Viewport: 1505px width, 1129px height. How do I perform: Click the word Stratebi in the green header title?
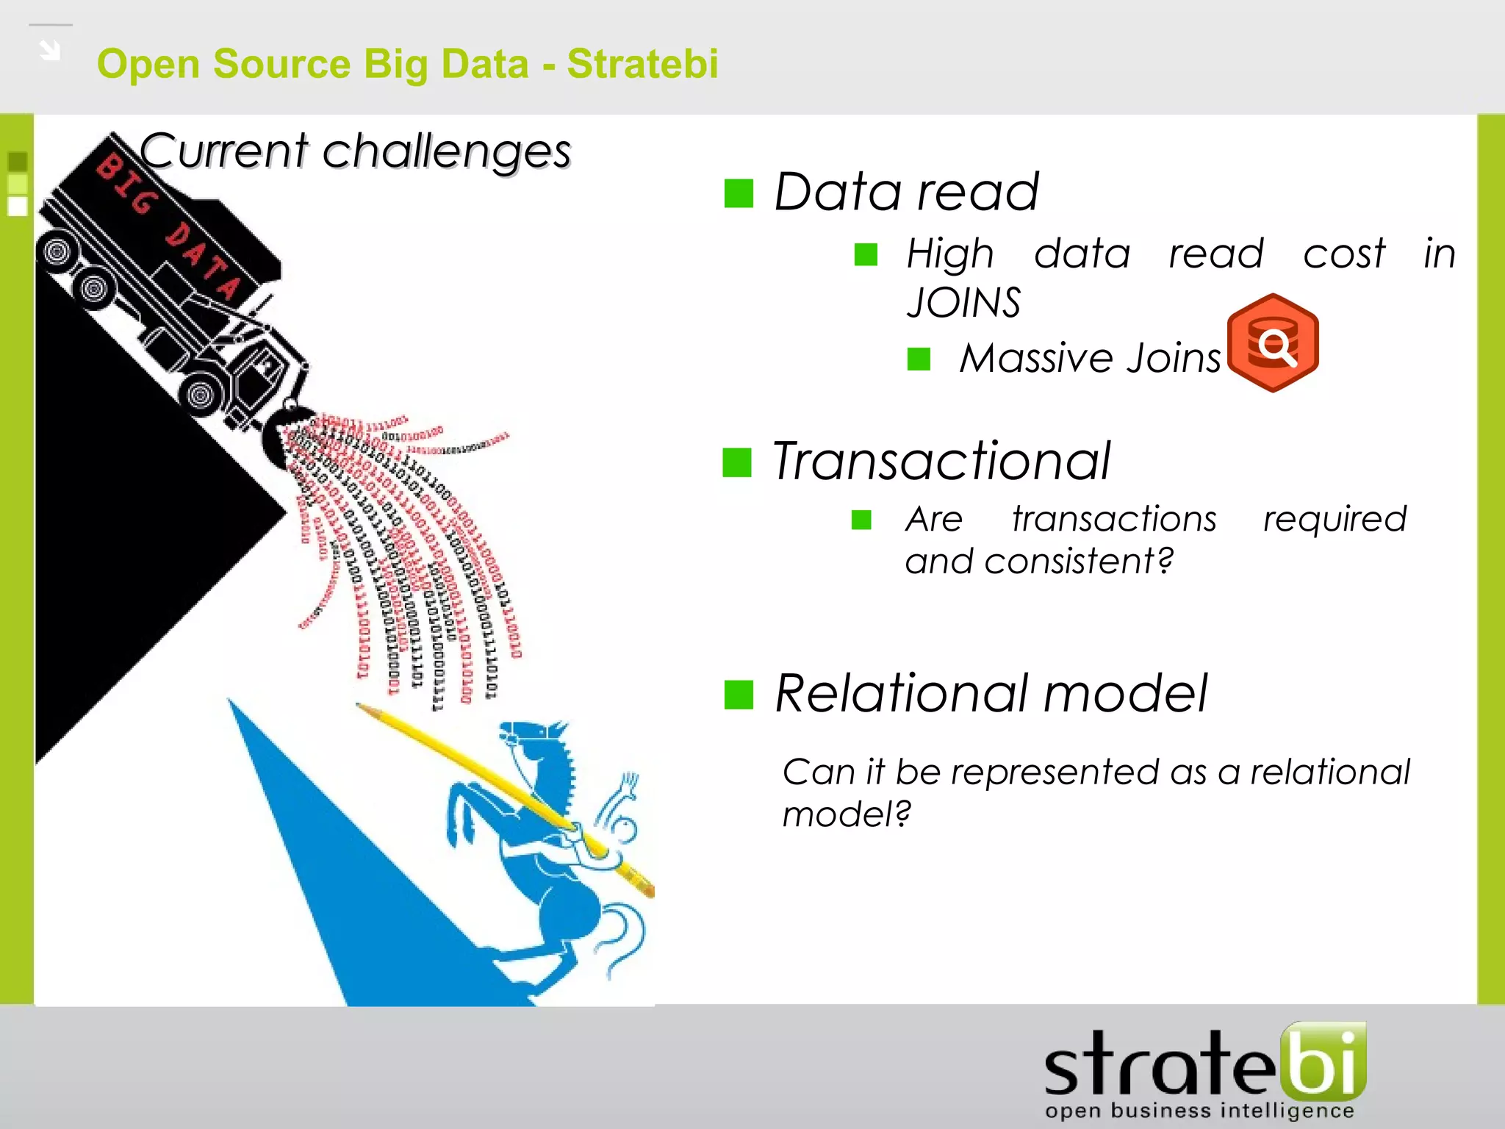642,63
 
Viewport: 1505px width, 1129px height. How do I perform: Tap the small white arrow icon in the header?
50,50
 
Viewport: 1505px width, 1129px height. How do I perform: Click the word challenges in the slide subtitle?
446,151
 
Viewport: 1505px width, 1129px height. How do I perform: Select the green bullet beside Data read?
739,193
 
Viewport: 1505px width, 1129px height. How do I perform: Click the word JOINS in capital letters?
963,302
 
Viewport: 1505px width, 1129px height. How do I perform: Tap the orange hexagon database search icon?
1273,343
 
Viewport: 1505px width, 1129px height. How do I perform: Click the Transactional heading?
941,461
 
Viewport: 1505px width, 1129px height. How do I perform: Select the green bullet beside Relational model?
739,695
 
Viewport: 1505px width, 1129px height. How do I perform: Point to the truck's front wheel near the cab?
200,395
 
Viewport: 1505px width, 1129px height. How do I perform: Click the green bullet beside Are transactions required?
861,520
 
